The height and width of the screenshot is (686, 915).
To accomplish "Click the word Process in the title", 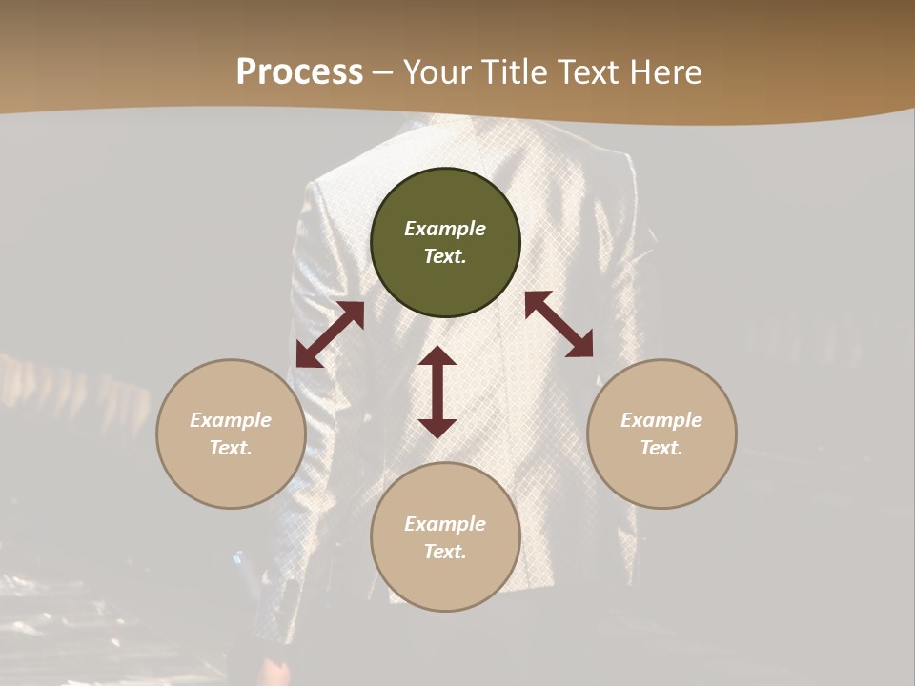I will [x=299, y=72].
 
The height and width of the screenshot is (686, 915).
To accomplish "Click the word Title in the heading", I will [x=513, y=72].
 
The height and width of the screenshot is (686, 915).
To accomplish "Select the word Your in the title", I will [x=436, y=72].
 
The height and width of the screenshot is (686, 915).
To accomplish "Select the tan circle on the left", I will [x=231, y=476].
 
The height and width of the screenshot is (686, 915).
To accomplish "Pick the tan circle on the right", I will [x=661, y=476].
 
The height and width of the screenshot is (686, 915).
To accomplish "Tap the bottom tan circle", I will [x=445, y=581].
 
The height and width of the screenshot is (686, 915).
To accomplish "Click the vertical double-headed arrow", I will [x=437, y=392].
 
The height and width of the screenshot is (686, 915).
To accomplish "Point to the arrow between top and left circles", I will [x=330, y=334].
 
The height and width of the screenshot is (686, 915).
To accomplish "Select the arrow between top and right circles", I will [x=559, y=324].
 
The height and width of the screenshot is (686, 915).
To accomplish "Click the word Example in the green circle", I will [x=445, y=229].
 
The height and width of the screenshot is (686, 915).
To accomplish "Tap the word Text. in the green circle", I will [x=445, y=256].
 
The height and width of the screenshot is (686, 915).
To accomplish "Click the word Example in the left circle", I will [x=231, y=420].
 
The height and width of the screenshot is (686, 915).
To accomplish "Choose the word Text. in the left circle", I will [x=231, y=448].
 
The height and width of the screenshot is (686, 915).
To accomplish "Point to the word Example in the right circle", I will [x=661, y=420].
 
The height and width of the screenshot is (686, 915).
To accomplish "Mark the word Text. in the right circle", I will [x=661, y=448].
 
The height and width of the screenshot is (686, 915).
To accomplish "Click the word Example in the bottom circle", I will [x=445, y=524].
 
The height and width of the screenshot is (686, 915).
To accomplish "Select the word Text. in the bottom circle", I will [x=445, y=552].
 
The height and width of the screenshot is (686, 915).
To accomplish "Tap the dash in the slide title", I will [x=383, y=73].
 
